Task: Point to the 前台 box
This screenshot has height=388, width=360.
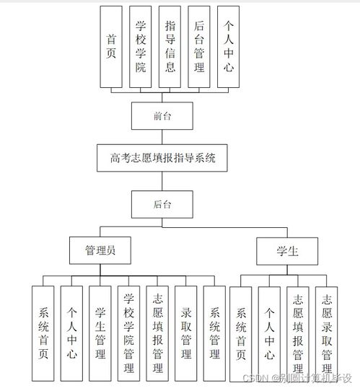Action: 162,115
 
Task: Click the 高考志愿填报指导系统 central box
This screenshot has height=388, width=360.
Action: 163,156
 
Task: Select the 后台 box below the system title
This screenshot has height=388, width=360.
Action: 162,204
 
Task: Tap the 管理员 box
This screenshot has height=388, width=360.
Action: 100,250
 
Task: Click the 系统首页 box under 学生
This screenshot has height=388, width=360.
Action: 241,333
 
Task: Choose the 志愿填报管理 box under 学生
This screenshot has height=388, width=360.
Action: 298,333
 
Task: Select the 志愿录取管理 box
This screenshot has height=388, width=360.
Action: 327,333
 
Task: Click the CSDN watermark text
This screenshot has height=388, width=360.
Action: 299,378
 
